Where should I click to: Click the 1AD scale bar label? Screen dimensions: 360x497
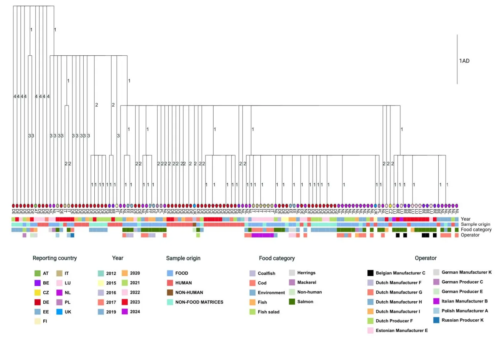(464, 61)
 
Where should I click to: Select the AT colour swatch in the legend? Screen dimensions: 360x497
(37, 273)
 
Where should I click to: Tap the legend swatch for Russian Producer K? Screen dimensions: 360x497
(436, 320)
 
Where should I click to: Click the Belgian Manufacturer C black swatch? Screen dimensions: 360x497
(370, 273)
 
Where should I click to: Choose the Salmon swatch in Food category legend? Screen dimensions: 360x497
(292, 302)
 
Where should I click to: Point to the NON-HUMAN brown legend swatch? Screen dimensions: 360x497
(170, 292)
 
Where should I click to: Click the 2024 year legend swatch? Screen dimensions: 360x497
(125, 312)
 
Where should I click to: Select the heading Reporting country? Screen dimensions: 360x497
(54, 258)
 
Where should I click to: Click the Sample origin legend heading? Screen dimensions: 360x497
(183, 258)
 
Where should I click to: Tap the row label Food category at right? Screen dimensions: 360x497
(476, 230)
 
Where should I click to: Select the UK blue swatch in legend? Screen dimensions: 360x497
(59, 312)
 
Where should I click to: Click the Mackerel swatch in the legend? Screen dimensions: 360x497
(292, 282)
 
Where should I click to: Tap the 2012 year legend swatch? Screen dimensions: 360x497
(101, 273)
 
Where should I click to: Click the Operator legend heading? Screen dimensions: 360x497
(425, 258)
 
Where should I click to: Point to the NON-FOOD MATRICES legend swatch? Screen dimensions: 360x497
(170, 302)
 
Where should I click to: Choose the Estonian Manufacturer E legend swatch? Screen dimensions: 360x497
(370, 330)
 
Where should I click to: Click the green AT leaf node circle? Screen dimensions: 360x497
(35, 206)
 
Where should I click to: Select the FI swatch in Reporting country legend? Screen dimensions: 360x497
(37, 321)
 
